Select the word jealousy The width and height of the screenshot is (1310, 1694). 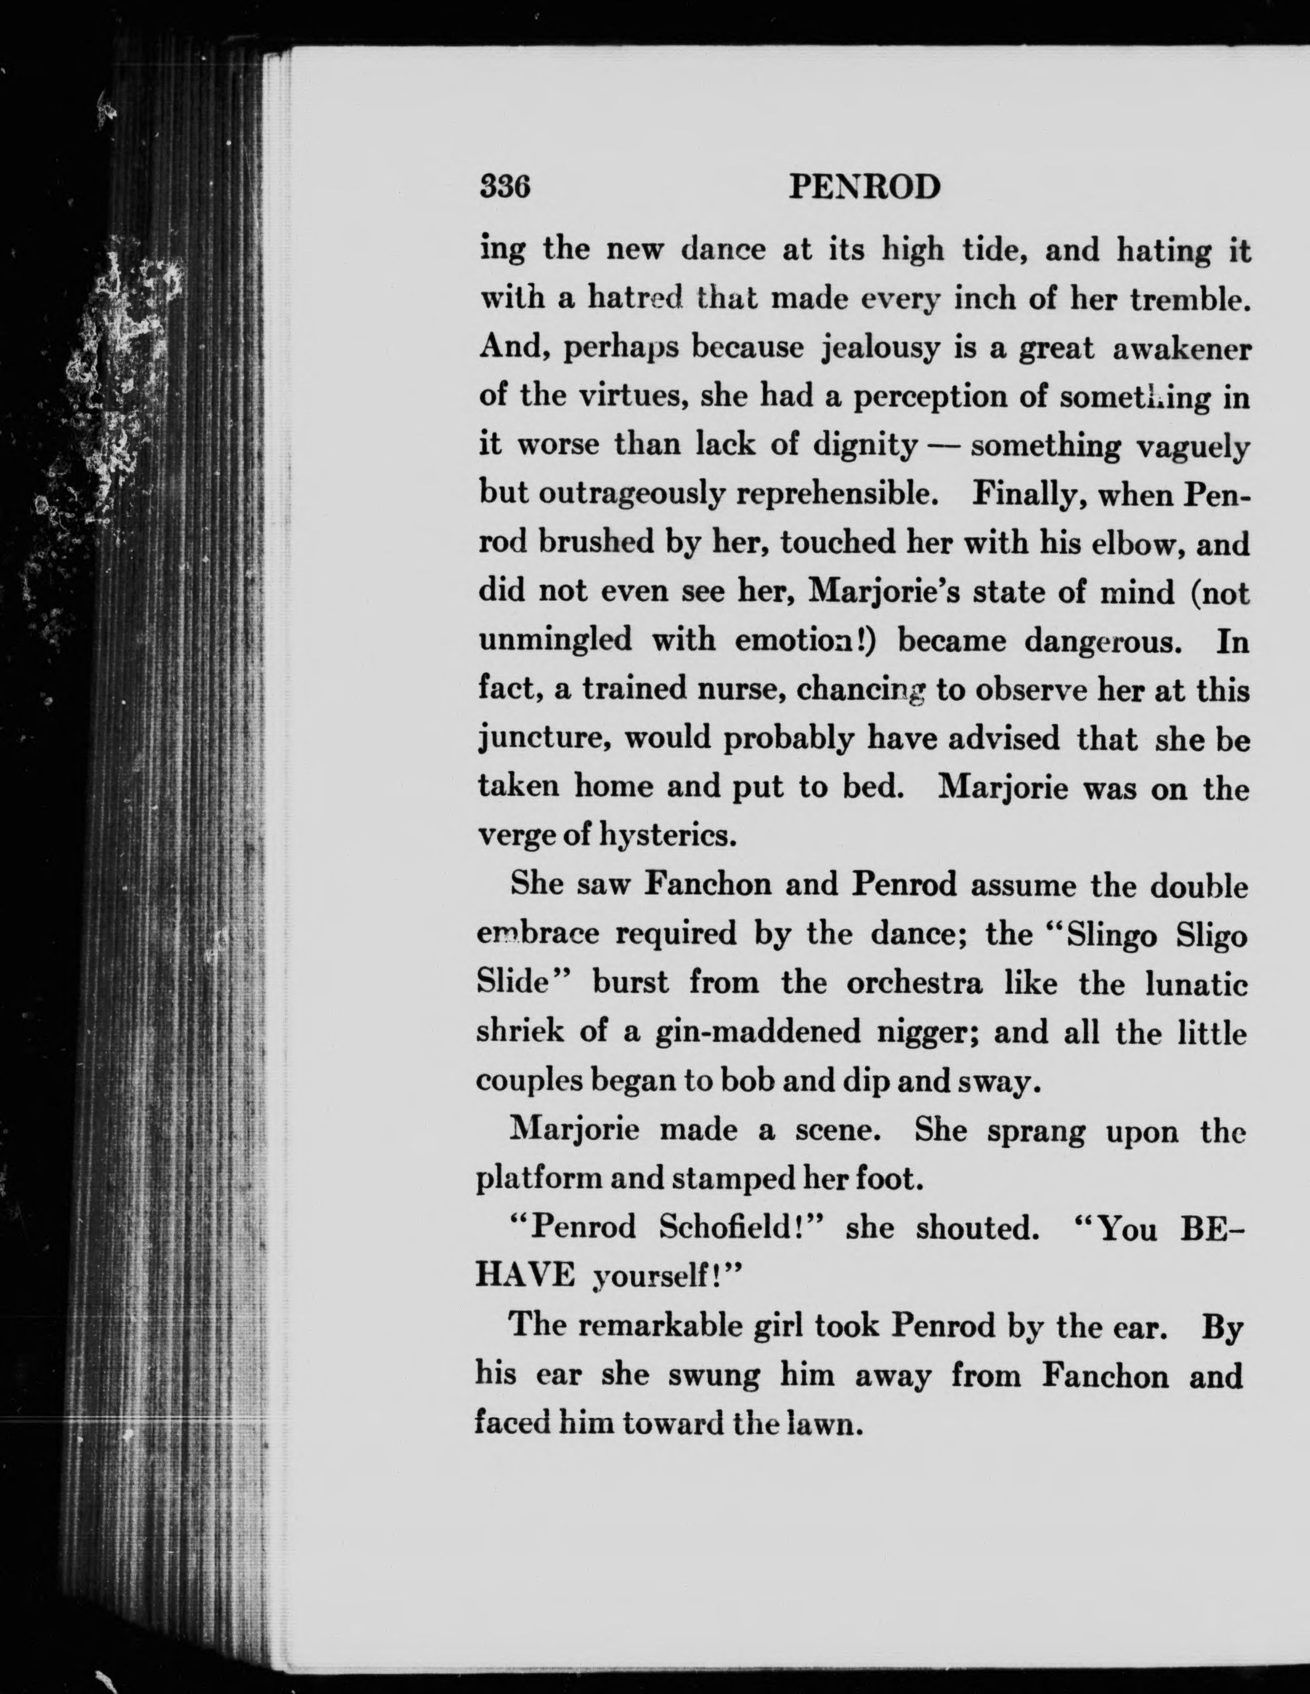pos(879,349)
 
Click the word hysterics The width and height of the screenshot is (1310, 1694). pos(666,836)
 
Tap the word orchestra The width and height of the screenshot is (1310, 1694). pos(914,983)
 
